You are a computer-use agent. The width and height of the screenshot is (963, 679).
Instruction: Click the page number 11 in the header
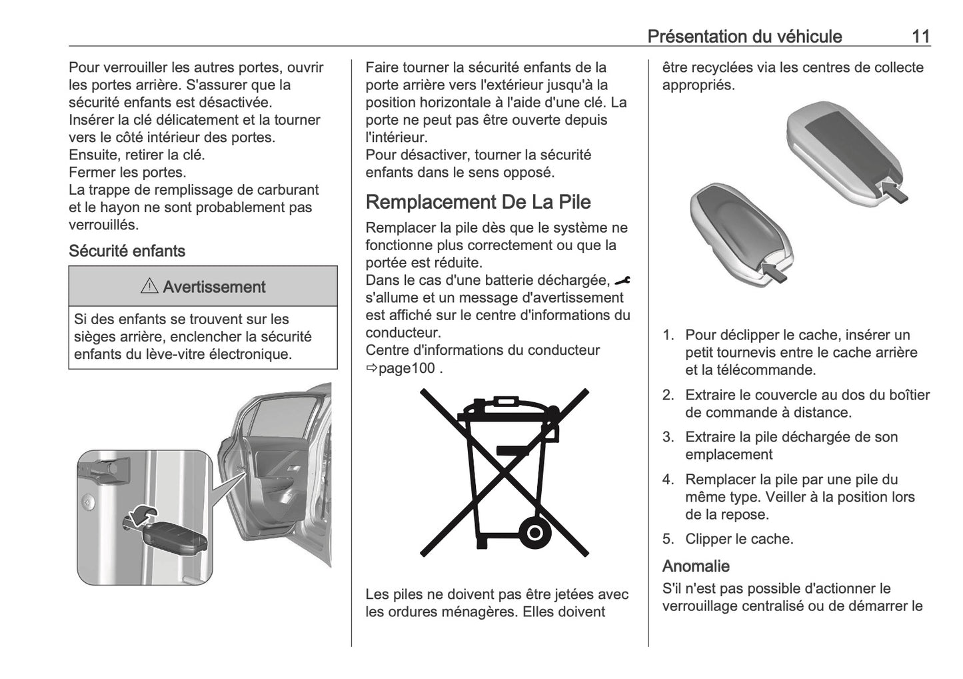point(921,37)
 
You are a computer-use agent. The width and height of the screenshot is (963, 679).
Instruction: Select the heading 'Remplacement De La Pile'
point(478,202)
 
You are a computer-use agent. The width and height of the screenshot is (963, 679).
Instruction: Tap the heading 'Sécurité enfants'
point(127,251)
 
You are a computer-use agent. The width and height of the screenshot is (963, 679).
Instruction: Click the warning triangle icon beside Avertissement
point(149,286)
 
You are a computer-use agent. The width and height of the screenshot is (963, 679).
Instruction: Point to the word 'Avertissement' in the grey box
point(214,287)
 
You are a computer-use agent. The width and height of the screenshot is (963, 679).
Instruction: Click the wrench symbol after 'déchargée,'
point(622,281)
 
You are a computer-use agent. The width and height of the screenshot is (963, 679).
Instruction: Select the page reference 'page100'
point(407,368)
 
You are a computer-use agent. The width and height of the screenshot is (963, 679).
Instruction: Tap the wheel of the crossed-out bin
point(534,534)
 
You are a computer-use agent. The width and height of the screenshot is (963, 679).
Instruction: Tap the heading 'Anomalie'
point(696,566)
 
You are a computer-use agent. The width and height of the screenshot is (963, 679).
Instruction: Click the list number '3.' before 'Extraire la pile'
point(668,437)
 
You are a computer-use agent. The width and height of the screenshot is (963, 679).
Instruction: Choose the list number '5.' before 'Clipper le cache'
point(668,539)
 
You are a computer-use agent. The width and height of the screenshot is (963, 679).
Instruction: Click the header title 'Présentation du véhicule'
point(744,37)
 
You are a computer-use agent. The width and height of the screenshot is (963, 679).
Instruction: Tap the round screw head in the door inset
point(88,502)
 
